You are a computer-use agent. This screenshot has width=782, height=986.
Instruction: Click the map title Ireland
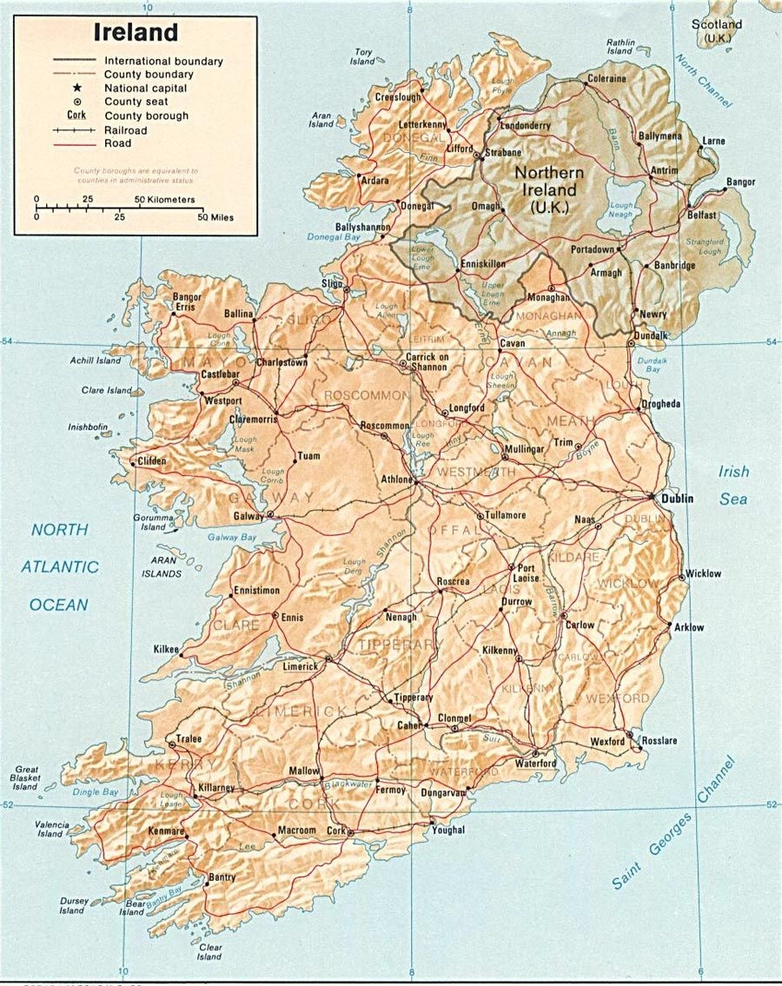(x=136, y=33)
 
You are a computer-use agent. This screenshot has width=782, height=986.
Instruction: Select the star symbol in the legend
(x=77, y=88)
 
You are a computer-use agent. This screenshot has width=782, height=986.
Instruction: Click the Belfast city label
(x=701, y=215)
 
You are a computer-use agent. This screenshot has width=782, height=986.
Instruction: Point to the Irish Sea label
(x=733, y=485)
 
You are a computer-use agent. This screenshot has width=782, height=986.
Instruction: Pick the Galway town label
(x=249, y=516)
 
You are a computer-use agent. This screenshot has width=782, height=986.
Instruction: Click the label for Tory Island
(x=362, y=57)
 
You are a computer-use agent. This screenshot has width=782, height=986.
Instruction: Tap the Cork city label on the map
(x=336, y=830)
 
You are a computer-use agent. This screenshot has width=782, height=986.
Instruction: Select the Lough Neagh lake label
(x=621, y=209)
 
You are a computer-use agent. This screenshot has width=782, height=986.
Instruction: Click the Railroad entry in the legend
(x=126, y=129)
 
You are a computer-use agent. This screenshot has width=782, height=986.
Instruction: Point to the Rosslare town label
(x=659, y=741)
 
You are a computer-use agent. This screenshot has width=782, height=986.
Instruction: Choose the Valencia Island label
(x=50, y=829)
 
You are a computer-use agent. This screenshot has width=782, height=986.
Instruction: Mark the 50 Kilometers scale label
(x=164, y=200)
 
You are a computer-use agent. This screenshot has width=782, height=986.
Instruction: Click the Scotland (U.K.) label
(x=718, y=30)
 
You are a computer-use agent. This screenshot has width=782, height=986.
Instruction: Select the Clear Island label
(x=209, y=952)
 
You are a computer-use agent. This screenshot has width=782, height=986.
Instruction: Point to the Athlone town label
(x=397, y=479)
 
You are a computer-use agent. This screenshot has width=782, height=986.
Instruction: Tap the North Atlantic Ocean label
(x=60, y=566)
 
